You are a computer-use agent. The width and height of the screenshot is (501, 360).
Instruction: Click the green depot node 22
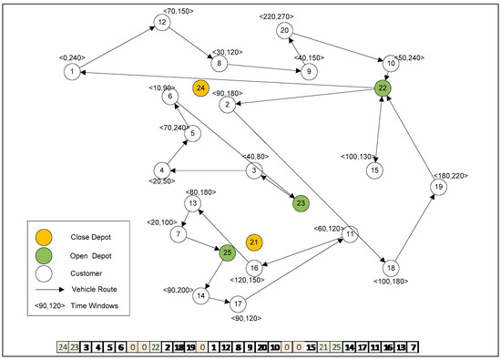(383, 87)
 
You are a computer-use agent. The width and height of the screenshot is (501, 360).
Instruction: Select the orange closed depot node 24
(200, 87)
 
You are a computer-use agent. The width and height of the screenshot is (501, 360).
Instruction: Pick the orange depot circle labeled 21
(254, 242)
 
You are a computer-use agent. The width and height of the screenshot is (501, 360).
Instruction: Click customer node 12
(161, 23)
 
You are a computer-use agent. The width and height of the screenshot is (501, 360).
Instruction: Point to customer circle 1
(71, 70)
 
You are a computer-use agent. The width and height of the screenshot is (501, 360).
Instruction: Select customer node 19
(438, 187)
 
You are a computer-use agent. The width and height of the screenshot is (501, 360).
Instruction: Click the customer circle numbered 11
(350, 235)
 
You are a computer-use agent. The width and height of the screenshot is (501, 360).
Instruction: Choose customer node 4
(161, 170)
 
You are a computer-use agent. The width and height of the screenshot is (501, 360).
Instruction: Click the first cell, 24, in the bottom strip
(63, 347)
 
